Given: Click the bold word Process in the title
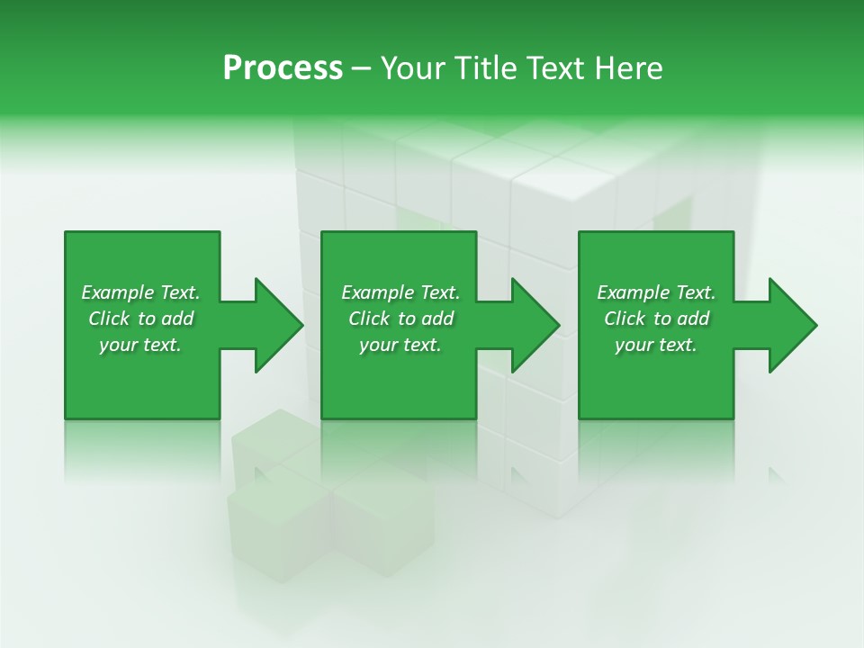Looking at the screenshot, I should click(283, 68).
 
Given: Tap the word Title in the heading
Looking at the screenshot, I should click(483, 68).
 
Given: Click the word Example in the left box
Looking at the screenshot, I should click(117, 292).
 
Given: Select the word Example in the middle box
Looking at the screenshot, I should click(377, 292).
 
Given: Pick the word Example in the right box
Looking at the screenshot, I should click(633, 292).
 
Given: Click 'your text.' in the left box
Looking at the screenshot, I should click(140, 345).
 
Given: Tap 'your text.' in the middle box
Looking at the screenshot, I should click(400, 345).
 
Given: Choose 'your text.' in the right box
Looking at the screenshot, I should click(656, 345).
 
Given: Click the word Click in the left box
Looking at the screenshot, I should click(109, 319).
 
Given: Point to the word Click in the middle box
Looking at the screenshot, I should click(369, 319).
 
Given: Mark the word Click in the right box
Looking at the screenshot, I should click(625, 319).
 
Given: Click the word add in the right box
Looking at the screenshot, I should click(694, 319).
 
